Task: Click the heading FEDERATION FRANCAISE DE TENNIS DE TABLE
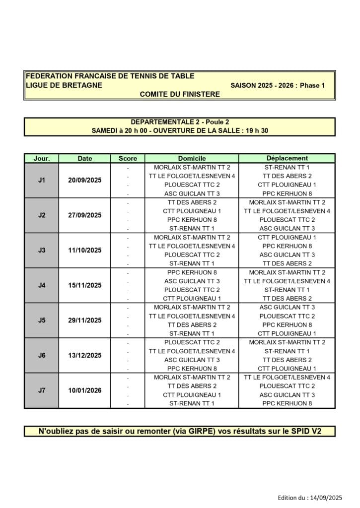click(110, 76)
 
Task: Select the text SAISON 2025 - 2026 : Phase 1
click(278, 85)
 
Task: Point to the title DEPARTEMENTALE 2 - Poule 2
click(180, 122)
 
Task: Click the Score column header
click(128, 158)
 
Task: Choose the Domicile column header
click(192, 158)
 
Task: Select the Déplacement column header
click(287, 158)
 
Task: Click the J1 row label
click(42, 180)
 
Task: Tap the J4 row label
click(42, 285)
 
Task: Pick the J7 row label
click(42, 390)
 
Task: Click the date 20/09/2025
click(85, 180)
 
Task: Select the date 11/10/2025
click(85, 250)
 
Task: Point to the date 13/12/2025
click(85, 355)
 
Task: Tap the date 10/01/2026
click(85, 390)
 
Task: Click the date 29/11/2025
click(85, 320)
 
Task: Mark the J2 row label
click(42, 215)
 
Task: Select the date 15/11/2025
click(85, 285)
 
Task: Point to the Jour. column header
click(42, 158)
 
